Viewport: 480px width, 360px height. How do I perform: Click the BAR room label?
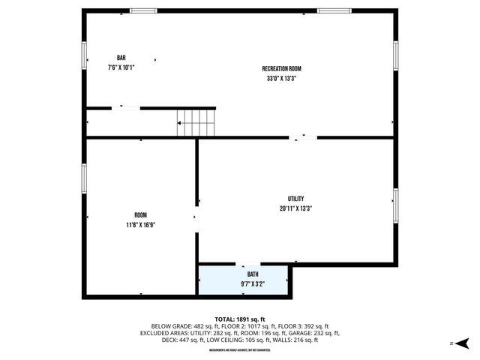[121, 58]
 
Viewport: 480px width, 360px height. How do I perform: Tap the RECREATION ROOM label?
[281, 68]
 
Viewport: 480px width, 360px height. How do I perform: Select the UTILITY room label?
[295, 199]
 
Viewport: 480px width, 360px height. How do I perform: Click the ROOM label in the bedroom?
[140, 215]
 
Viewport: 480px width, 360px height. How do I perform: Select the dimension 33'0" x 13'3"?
[281, 78]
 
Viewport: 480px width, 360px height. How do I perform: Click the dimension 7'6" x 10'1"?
[121, 67]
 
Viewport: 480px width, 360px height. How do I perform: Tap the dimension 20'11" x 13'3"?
[295, 208]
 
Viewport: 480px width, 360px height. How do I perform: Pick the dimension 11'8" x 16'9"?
[140, 225]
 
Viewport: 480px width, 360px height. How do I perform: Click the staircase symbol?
[196, 122]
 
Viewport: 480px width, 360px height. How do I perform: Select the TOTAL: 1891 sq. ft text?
[239, 319]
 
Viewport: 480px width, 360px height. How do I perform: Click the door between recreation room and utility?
[304, 137]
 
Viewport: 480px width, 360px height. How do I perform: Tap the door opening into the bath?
[247, 264]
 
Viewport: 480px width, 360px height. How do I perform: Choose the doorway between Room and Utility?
[196, 217]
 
